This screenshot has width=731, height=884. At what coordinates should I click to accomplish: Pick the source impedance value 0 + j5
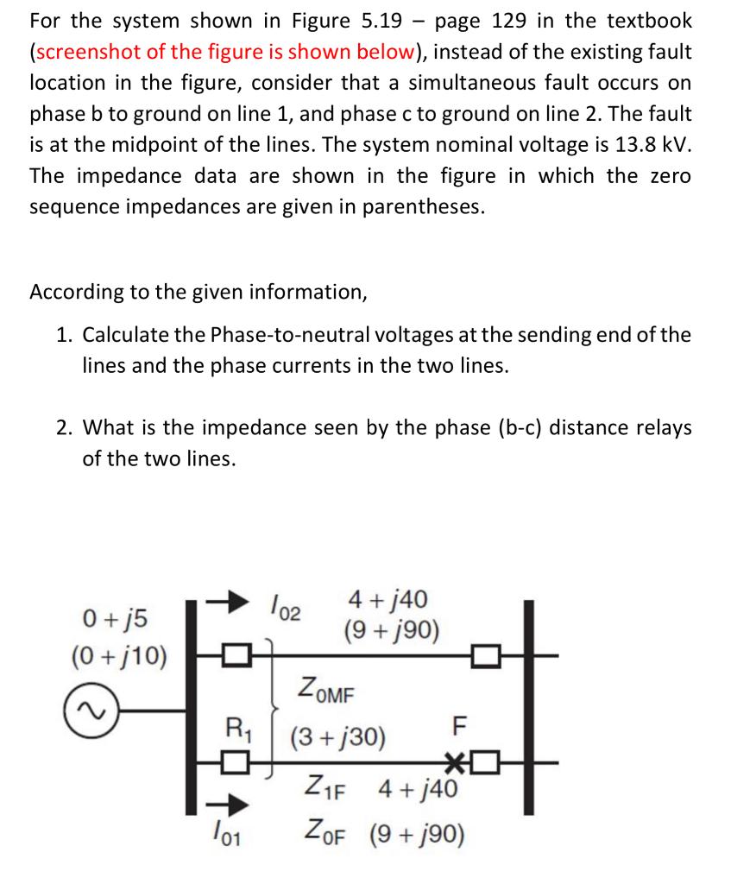116,618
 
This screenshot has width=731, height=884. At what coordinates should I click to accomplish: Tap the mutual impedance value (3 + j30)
337,739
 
